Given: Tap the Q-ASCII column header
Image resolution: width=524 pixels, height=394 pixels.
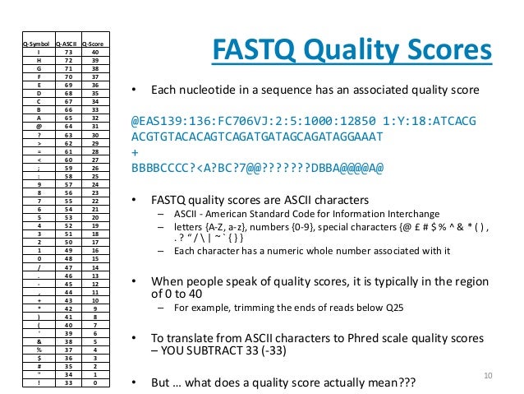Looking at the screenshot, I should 67,44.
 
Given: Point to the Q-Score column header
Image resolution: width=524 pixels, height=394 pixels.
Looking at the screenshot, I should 96,44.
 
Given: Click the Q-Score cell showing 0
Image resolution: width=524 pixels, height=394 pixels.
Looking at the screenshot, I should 96,382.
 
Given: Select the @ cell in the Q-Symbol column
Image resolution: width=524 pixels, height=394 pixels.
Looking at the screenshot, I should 37,126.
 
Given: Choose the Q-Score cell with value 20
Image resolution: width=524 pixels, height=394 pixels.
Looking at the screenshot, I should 96,217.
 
